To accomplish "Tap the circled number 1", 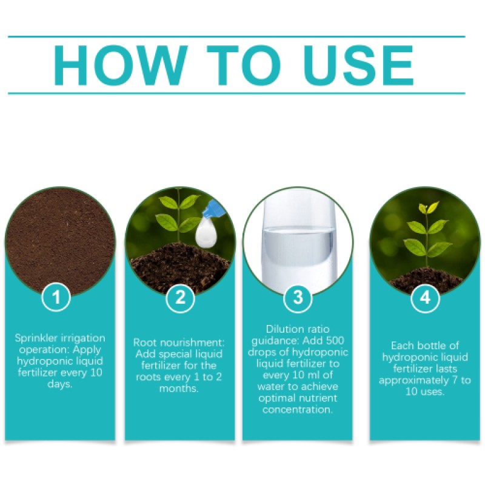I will (x=59, y=298).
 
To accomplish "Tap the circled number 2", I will (x=179, y=298).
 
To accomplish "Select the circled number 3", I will (x=298, y=298).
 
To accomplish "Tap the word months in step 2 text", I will (x=179, y=388).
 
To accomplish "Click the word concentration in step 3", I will (x=297, y=410).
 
